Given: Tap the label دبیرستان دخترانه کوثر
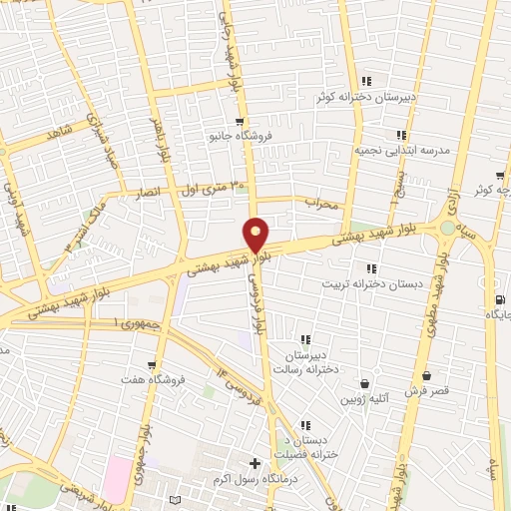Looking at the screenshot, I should point(360,97).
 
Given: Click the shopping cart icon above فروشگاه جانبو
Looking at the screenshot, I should point(240,121).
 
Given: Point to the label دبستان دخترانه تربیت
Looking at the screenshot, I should point(364,283).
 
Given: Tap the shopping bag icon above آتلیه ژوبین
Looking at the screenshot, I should point(363,383).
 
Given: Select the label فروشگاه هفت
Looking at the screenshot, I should point(150,380).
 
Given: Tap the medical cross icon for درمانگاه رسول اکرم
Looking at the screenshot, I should point(255,463).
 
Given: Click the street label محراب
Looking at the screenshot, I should point(324,206).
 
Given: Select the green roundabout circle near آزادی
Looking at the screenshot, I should point(446,229).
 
